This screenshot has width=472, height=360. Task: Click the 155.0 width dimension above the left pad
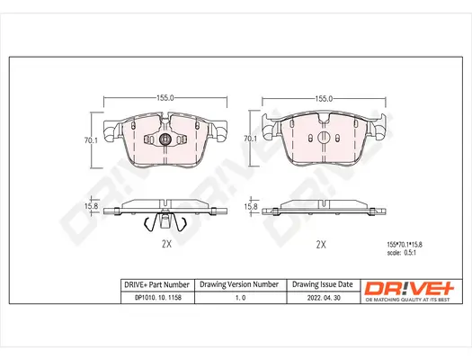(165, 96)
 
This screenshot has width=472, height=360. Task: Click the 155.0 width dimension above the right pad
(322, 96)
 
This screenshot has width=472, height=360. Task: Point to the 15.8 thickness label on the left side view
(91, 207)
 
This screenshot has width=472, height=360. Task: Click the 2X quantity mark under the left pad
(165, 243)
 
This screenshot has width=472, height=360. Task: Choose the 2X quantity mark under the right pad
(321, 244)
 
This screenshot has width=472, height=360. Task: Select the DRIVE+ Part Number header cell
(155, 283)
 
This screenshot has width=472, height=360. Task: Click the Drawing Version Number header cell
(238, 283)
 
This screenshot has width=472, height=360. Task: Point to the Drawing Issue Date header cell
(320, 283)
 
